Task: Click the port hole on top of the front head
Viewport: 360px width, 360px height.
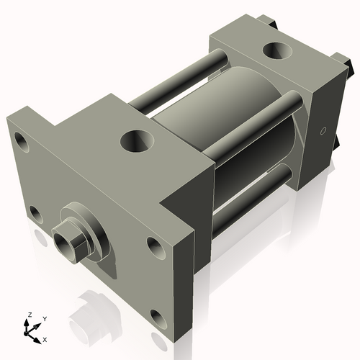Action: coord(135,140)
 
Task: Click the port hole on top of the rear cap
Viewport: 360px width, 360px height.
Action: coord(276,52)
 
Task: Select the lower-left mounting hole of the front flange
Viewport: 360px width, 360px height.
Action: coord(33,212)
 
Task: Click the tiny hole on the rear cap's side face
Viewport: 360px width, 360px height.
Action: coord(323,131)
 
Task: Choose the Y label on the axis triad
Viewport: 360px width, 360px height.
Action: coord(44,318)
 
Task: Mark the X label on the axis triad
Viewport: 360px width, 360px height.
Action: coord(45,338)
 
